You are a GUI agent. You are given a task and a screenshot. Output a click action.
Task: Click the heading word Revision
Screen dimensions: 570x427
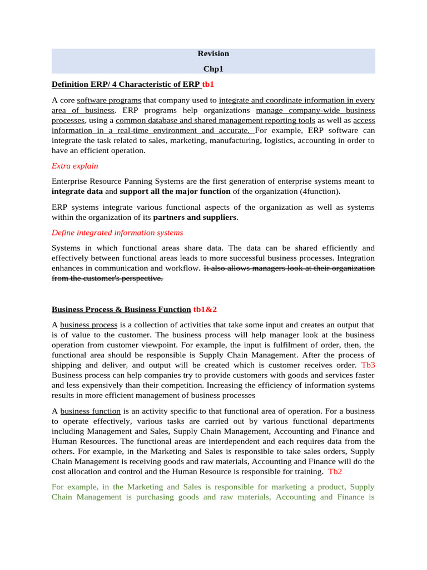click(213, 54)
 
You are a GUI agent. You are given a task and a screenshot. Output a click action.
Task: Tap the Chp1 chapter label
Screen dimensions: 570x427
click(213, 69)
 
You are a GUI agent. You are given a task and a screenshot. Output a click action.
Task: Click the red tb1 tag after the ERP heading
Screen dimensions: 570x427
click(208, 85)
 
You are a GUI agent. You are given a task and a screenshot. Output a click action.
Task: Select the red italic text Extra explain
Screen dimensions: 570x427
click(75, 166)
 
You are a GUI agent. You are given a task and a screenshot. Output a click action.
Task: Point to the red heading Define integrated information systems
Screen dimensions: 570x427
click(117, 233)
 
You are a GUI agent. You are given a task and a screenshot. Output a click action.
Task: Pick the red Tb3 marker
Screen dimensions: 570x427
click(368, 365)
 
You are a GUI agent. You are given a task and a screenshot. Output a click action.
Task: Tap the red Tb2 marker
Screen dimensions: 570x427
click(336, 471)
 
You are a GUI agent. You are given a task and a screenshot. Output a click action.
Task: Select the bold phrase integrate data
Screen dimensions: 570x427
click(77, 191)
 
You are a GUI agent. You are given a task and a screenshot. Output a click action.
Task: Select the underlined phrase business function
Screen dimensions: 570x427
click(90, 411)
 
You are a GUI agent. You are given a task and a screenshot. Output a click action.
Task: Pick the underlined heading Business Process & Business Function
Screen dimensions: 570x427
click(121, 309)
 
